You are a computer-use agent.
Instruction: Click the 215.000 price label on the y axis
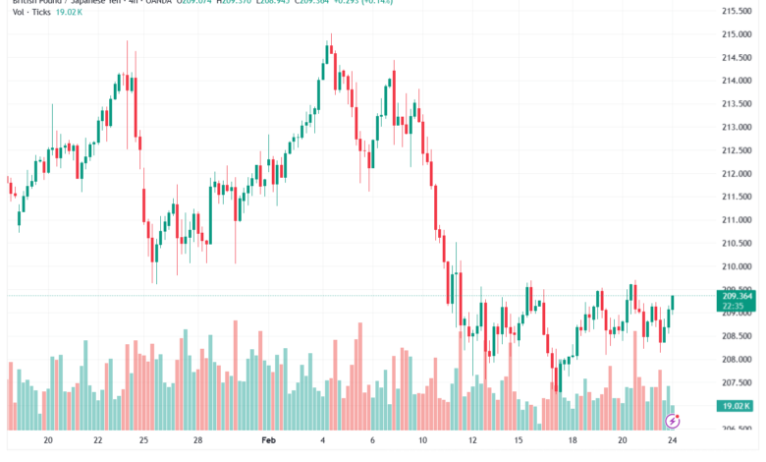(x=737, y=34)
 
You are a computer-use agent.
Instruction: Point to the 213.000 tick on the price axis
(x=737, y=127)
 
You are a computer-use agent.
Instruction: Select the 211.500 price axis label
(x=737, y=197)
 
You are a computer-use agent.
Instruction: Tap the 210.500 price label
(x=737, y=243)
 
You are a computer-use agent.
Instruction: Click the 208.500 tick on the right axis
(x=737, y=336)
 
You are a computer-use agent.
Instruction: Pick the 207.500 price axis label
(x=737, y=382)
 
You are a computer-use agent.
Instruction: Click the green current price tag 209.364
(x=737, y=296)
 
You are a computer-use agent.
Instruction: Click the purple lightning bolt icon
(x=673, y=421)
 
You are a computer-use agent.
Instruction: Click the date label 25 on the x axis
(x=144, y=442)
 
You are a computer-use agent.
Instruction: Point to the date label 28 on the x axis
(x=198, y=442)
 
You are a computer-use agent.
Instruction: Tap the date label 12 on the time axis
(x=473, y=442)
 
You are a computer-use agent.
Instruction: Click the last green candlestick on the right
(x=673, y=302)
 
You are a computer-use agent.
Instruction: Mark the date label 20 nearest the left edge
(x=46, y=442)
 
